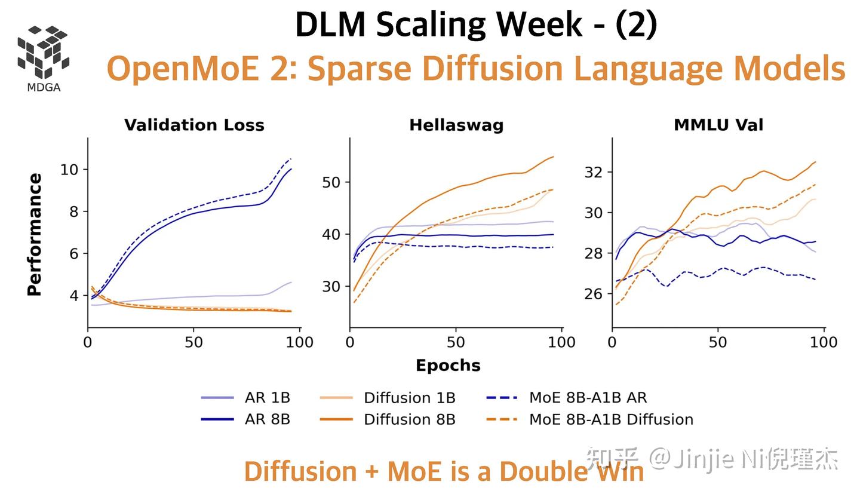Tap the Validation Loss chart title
[194, 125]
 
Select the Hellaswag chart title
[456, 125]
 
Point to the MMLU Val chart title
[718, 125]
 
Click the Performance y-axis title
[35, 234]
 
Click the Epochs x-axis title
[448, 366]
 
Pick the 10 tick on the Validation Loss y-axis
[69, 170]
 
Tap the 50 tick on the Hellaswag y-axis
[331, 182]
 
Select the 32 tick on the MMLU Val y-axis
[594, 172]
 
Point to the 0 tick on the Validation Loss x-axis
[88, 342]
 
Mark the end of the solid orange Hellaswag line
[554, 157]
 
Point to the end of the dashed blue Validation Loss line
[291, 159]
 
